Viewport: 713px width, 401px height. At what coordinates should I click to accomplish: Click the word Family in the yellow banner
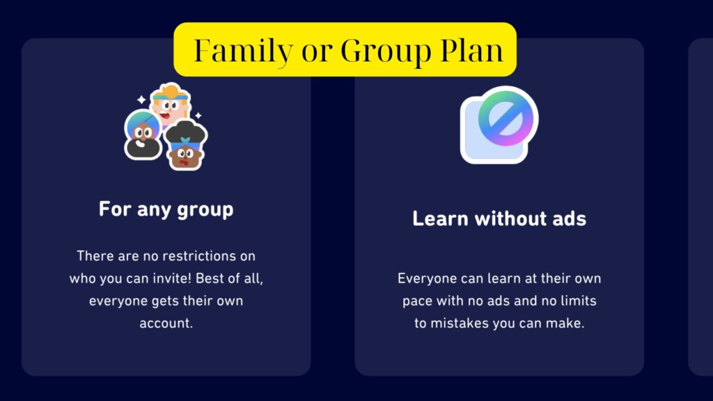click(233, 50)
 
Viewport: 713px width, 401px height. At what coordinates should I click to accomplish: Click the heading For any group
click(166, 209)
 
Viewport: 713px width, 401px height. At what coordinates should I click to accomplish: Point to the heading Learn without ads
click(499, 219)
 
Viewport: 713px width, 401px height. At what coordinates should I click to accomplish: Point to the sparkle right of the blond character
click(198, 115)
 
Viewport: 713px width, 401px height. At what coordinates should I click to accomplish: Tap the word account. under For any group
click(166, 323)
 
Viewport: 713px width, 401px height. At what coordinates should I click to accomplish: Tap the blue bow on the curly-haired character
click(186, 140)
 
